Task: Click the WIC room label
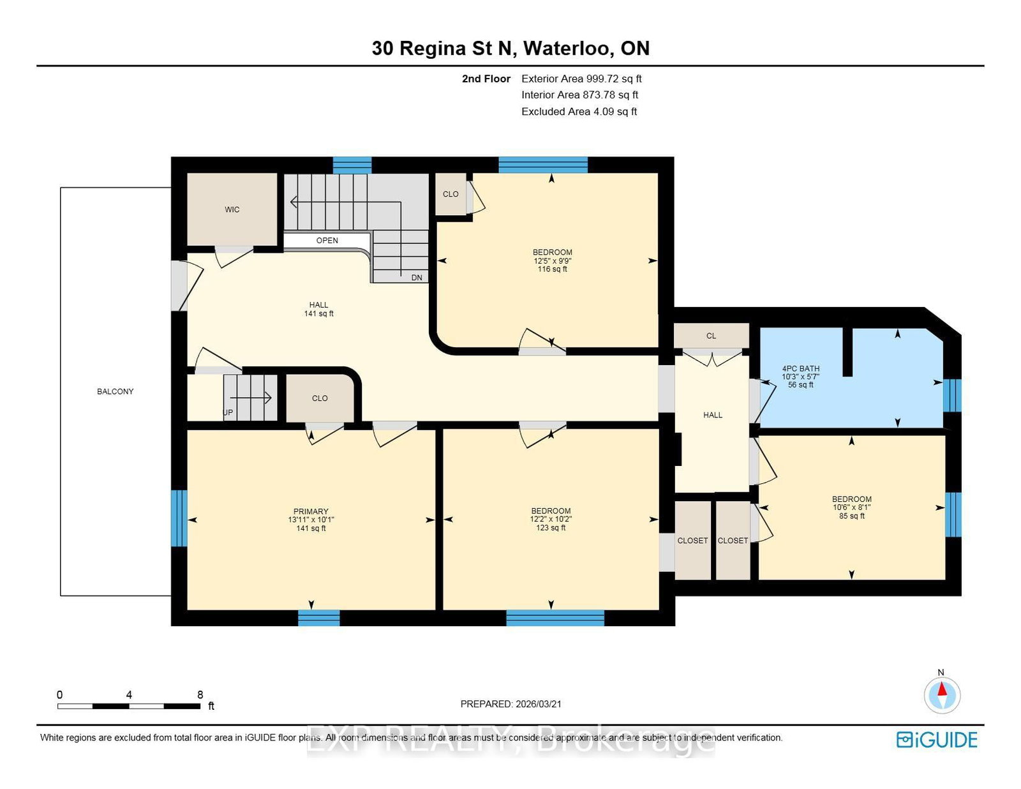(232, 209)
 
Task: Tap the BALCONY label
(116, 391)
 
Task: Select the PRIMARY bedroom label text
(311, 511)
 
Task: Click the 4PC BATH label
(801, 368)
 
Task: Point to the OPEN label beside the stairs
(327, 241)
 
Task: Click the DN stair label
(417, 278)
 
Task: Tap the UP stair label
(228, 412)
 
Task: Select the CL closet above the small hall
(711, 336)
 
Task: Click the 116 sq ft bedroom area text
(553, 269)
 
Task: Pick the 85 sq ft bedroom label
(852, 516)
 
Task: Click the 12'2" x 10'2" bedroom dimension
(551, 520)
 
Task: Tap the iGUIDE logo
(937, 740)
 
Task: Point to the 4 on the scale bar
(129, 695)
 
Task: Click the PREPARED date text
(511, 704)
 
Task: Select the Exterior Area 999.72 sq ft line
(581, 79)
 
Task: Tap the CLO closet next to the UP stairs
(320, 398)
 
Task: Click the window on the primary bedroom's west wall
(179, 518)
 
